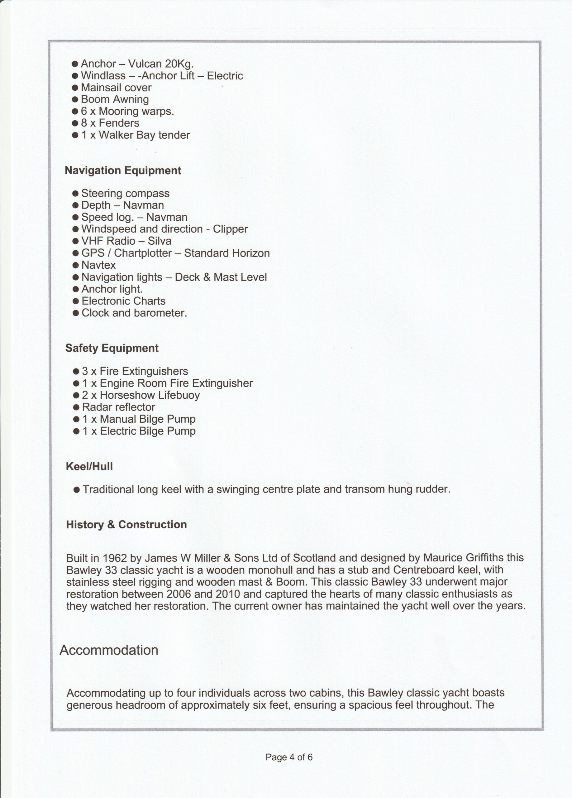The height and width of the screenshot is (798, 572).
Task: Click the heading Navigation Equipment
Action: click(123, 171)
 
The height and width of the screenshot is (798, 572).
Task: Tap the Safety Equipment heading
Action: click(112, 348)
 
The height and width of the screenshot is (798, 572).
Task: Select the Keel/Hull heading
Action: click(89, 467)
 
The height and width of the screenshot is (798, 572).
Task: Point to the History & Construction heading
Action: click(126, 525)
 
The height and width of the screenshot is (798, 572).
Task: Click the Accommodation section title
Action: click(109, 651)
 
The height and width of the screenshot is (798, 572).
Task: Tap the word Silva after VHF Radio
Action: click(160, 241)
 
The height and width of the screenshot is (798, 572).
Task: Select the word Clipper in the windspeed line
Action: click(230, 229)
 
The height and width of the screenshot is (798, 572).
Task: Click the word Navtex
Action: click(98, 265)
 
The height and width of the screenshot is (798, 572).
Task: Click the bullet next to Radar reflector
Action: click(76, 407)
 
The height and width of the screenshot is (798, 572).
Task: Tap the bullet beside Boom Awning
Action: click(75, 99)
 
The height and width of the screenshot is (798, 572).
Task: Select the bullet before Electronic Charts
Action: click(76, 301)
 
